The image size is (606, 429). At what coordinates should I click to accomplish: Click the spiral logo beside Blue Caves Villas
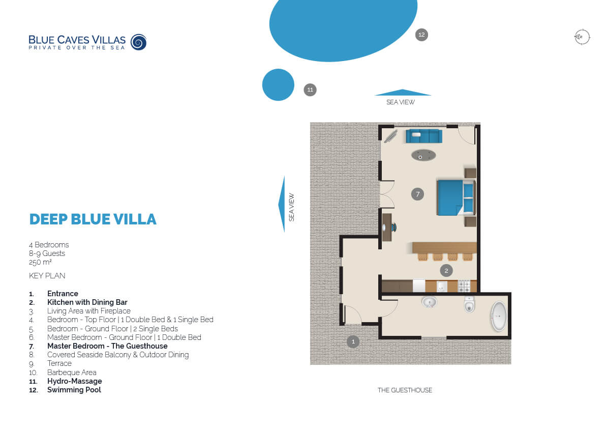(138, 42)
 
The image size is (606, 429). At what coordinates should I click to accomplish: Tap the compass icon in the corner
(582, 37)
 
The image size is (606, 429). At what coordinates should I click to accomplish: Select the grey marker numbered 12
(421, 35)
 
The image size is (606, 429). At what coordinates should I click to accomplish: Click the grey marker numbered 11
(310, 90)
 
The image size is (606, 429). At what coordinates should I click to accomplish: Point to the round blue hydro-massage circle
(278, 84)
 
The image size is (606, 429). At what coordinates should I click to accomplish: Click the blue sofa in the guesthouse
(424, 136)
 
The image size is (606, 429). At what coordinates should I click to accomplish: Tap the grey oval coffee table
(423, 156)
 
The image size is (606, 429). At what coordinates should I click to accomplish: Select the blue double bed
(456, 197)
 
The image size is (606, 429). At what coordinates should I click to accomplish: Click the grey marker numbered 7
(417, 194)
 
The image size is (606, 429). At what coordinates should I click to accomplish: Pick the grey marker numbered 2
(446, 271)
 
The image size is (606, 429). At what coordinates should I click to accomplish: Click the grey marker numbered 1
(353, 341)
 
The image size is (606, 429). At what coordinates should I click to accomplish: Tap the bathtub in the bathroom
(499, 317)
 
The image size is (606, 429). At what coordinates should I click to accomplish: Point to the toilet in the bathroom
(469, 304)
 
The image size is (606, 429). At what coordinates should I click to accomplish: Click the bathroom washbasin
(429, 302)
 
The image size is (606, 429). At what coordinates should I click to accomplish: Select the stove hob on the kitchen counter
(464, 286)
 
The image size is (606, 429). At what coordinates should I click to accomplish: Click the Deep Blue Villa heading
(93, 219)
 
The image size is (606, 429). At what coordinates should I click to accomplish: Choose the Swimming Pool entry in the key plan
(74, 390)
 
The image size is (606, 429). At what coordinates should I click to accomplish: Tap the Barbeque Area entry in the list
(72, 373)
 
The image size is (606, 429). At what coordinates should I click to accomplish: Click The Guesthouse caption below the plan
(405, 390)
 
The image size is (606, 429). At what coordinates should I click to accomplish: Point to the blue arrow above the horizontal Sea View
(402, 93)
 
